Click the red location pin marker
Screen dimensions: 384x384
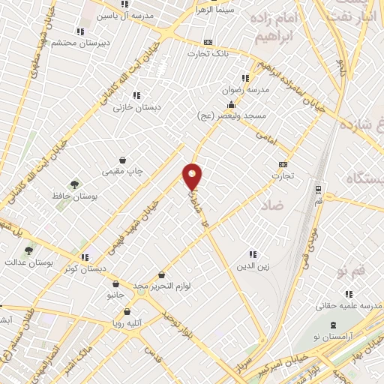click(x=193, y=177)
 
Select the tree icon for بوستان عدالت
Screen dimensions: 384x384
click(x=28, y=251)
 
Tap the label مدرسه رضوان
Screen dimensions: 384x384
click(x=244, y=89)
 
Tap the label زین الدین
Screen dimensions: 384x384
click(x=253, y=265)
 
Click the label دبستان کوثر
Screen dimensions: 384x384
click(x=85, y=268)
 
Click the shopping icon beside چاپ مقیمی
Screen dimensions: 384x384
click(x=122, y=160)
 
